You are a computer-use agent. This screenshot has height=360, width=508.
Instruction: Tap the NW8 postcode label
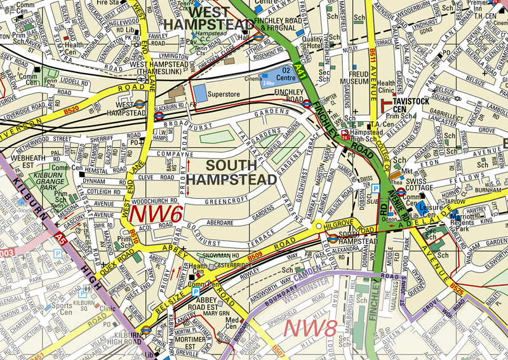311,328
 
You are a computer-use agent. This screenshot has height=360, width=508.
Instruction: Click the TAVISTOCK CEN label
411,102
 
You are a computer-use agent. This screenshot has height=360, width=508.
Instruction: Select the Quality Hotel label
312,43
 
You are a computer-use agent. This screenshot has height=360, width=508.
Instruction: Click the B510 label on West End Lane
133,238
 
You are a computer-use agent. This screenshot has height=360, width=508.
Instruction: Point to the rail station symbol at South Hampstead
332,238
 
